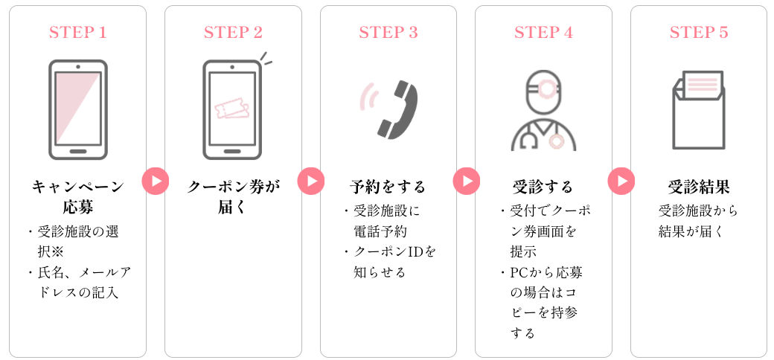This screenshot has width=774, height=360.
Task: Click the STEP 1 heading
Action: click(77, 33)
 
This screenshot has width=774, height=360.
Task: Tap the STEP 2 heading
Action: click(233, 33)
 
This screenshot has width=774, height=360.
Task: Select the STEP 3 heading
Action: click(388, 33)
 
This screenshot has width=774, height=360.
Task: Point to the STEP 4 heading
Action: click(543, 33)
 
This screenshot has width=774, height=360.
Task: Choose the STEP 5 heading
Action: click(699, 33)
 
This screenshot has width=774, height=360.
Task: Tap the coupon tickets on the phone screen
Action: click(231, 109)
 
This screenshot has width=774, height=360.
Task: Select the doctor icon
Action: click(543, 111)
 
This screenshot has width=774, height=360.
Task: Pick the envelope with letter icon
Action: click(698, 109)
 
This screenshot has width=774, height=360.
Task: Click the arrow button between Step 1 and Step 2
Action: click(156, 181)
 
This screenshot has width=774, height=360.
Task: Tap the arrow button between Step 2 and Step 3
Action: click(311, 181)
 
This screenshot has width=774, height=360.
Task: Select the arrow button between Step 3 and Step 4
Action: click(466, 181)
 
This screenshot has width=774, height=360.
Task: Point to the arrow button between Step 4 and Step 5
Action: click(621, 181)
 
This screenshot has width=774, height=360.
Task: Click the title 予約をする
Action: click(388, 186)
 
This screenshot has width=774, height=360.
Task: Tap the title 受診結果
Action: click(698, 186)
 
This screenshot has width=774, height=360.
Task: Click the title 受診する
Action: click(543, 186)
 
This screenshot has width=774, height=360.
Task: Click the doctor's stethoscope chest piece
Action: click(555, 140)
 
